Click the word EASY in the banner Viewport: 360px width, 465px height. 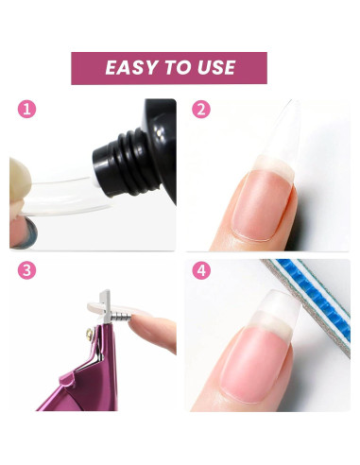coord(132,67)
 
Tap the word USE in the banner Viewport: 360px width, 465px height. coord(216,67)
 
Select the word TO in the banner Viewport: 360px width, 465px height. coord(179,67)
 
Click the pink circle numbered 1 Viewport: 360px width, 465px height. coord(26,109)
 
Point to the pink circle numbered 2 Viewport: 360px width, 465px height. coord(201,109)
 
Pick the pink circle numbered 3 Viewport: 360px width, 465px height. coord(26,270)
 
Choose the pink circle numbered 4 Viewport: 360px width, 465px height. coord(201,270)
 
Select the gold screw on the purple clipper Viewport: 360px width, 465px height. coord(90,333)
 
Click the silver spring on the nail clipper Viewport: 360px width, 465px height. coord(121,315)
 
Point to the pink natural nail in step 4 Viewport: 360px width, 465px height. coord(256,366)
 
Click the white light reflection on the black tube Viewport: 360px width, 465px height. coord(160,133)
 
